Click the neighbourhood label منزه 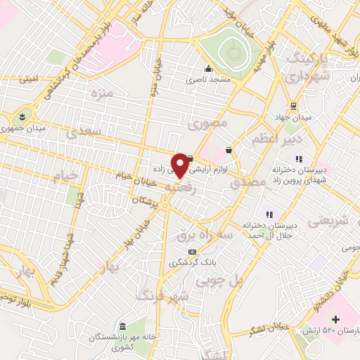coord(93,93)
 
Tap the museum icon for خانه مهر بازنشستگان coord(122,327)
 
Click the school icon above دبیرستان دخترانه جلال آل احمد coord(268,214)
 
